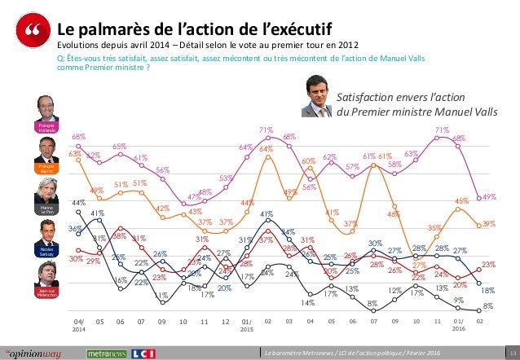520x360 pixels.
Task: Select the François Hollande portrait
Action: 48,108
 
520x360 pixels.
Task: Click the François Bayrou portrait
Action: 48,148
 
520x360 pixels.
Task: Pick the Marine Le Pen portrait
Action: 48,192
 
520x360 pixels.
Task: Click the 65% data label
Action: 119,147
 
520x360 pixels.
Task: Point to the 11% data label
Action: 161,296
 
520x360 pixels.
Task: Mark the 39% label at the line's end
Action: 487,223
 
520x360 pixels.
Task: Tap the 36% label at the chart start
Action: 74,229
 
